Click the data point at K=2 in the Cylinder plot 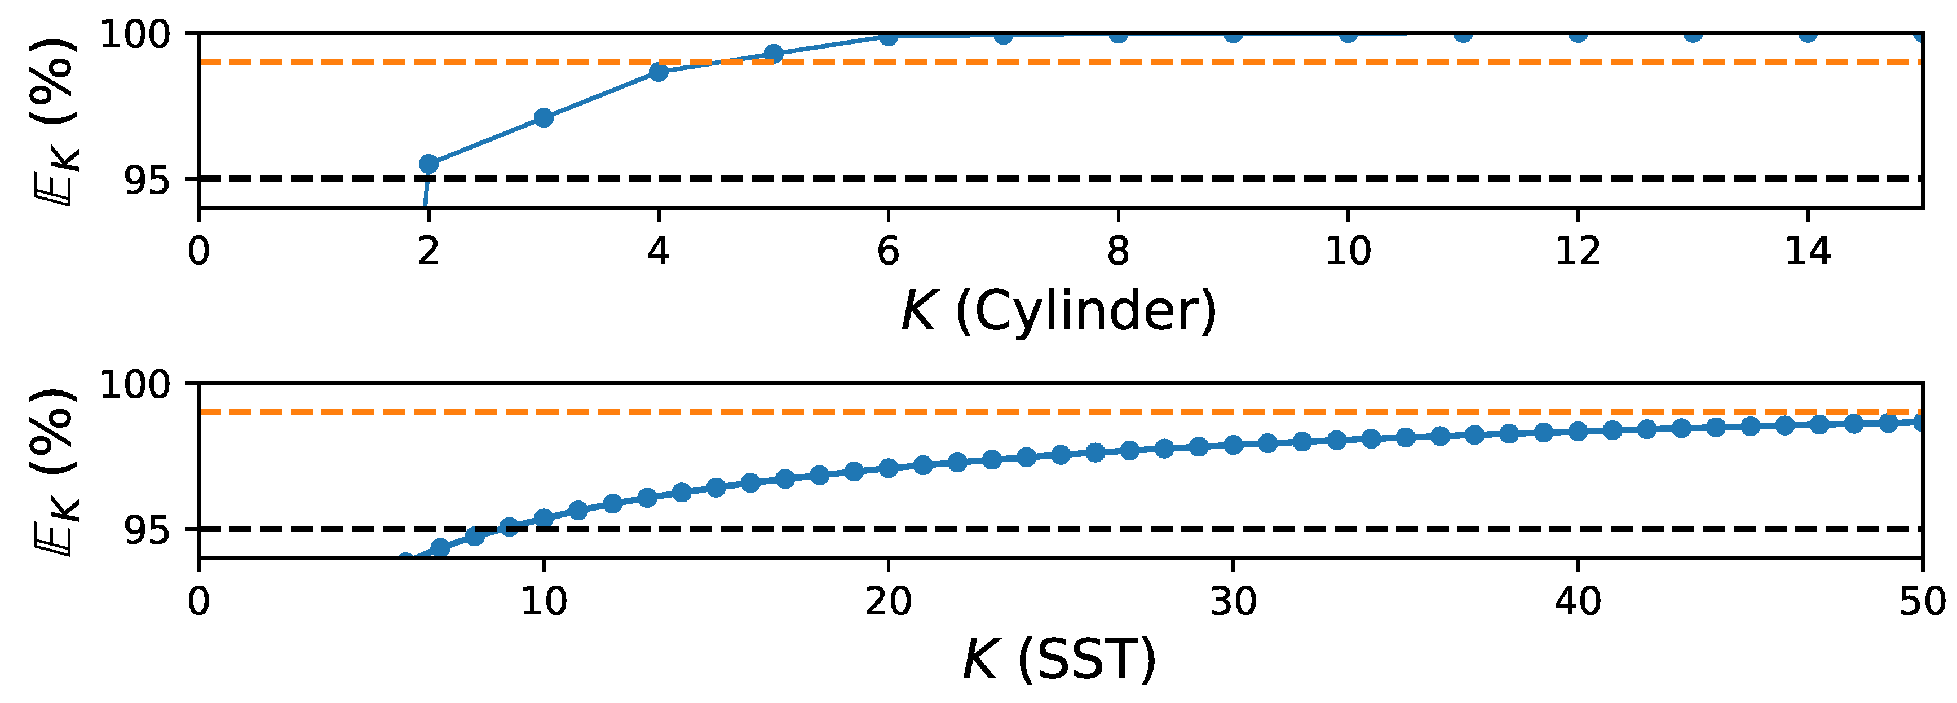[x=428, y=164]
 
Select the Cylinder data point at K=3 [x=543, y=118]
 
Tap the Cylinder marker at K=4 [x=659, y=72]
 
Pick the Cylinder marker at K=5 [x=774, y=53]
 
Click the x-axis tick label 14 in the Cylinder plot [x=1808, y=251]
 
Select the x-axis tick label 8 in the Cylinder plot [x=1117, y=251]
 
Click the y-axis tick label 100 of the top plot [x=136, y=34]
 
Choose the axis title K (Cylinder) [x=1059, y=311]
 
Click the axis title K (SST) [x=1059, y=660]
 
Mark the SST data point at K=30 [x=1233, y=445]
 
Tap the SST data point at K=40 [x=1578, y=431]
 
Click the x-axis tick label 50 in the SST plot [x=1922, y=602]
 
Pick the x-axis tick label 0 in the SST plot [x=199, y=602]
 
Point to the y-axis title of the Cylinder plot [x=55, y=122]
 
